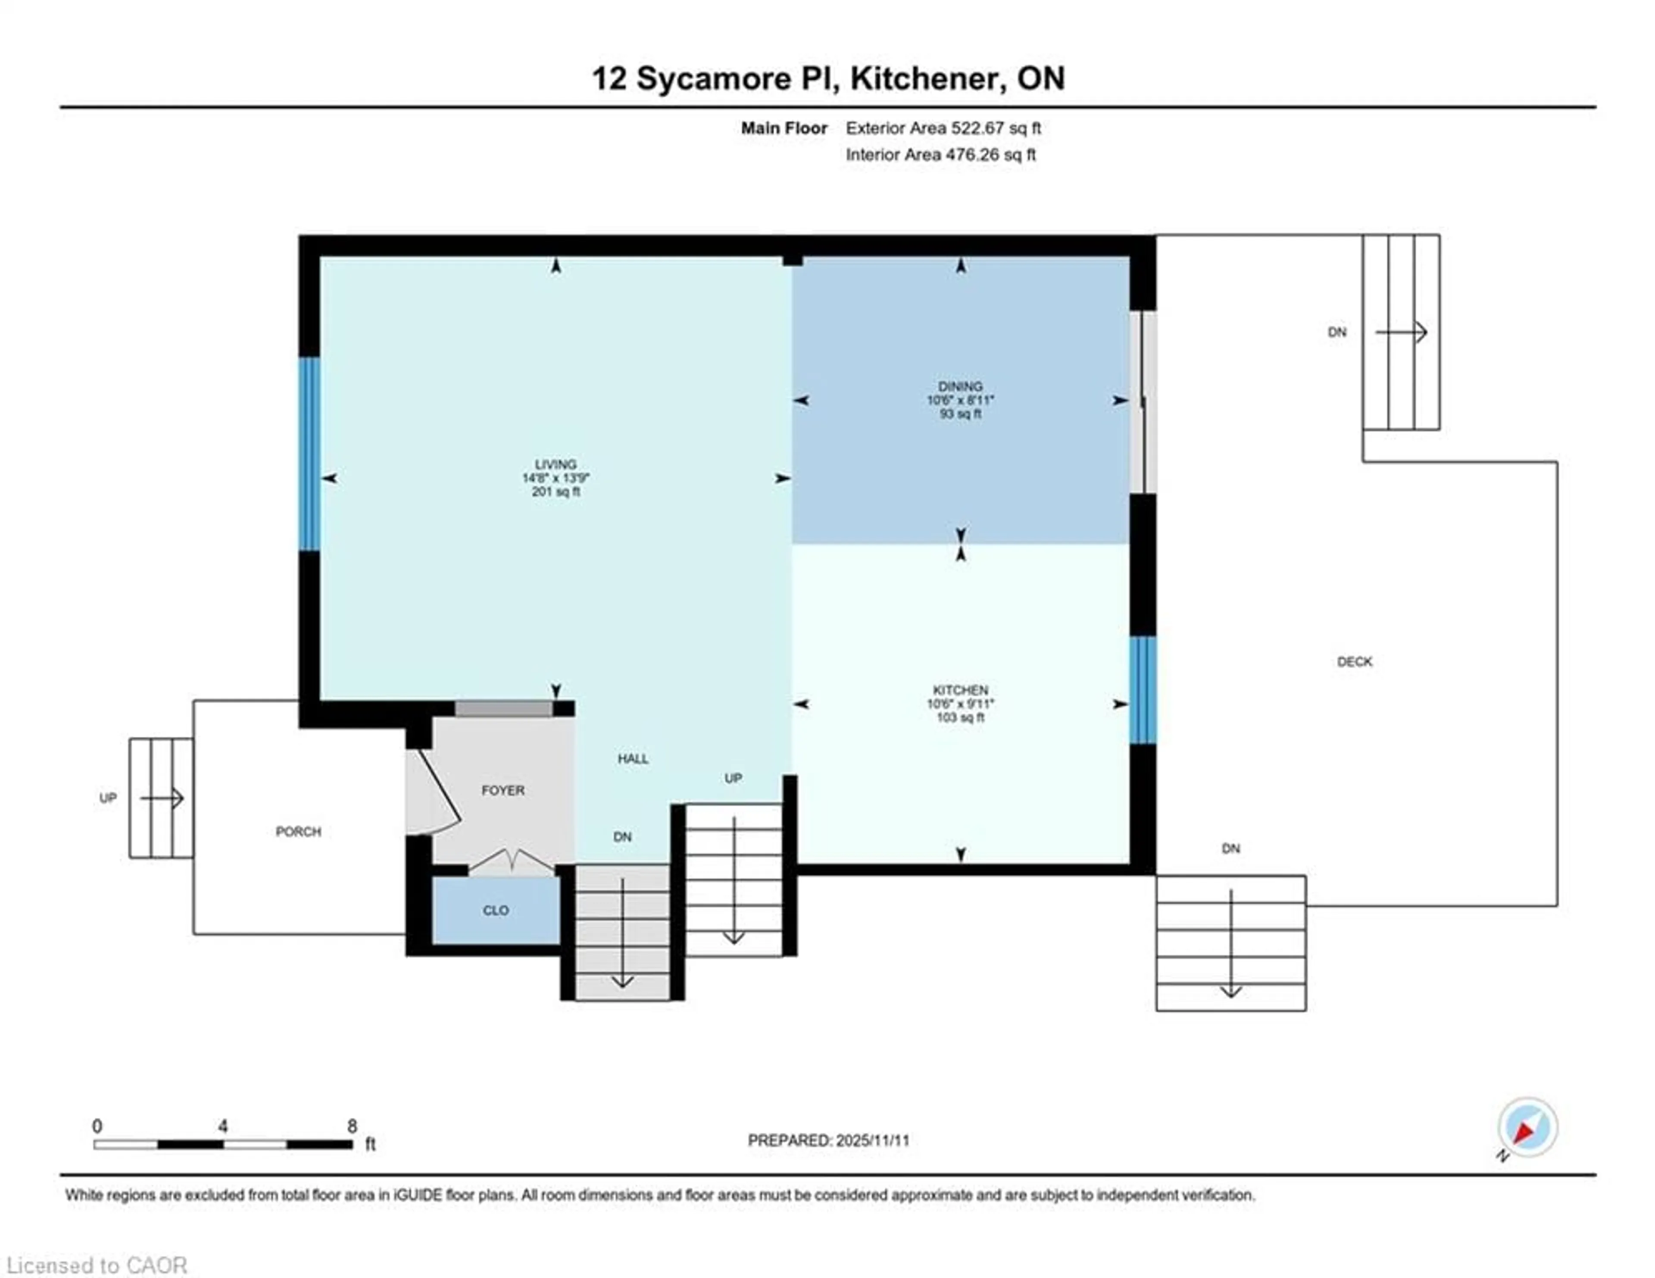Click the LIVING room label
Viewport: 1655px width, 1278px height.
[x=556, y=464]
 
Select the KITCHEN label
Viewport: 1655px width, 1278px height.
[x=960, y=690]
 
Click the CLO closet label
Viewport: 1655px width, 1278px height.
[x=496, y=910]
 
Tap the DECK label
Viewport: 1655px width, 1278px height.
[x=1354, y=662]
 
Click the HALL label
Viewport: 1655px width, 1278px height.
[x=633, y=759]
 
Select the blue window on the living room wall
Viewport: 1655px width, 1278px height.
[x=309, y=453]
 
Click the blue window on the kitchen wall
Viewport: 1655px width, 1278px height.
[x=1143, y=690]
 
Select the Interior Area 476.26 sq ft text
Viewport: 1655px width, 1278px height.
[x=940, y=155]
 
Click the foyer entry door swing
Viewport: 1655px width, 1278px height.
[x=436, y=792]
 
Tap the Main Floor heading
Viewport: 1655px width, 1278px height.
[x=784, y=128]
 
